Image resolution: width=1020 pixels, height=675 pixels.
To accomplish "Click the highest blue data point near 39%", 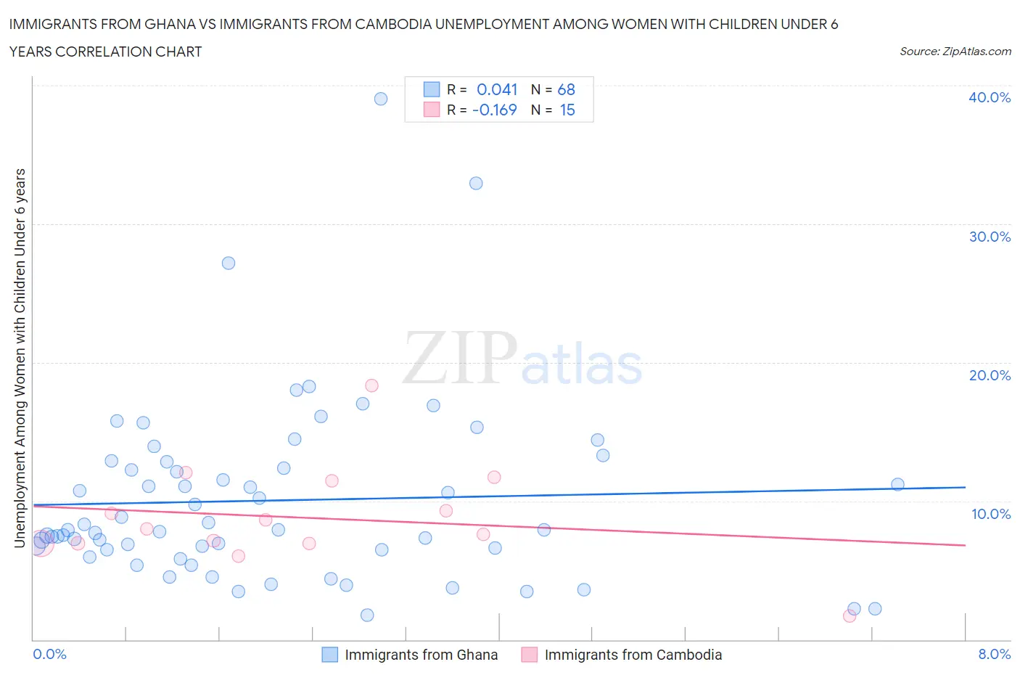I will [x=381, y=99].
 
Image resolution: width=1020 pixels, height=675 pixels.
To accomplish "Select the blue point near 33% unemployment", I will [x=476, y=183].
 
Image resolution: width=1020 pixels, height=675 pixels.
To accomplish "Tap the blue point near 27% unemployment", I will [x=229, y=263].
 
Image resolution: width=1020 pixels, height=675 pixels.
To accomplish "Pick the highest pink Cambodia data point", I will [x=371, y=385].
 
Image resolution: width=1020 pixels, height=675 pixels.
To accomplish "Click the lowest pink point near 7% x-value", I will [x=850, y=616].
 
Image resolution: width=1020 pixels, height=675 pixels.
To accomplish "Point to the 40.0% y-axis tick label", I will [x=990, y=97].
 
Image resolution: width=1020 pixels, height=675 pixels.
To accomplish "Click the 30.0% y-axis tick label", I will [x=990, y=237].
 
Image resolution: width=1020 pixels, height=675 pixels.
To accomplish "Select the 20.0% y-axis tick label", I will [x=990, y=375].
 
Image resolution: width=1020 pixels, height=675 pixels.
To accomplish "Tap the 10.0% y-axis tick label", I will [x=990, y=514].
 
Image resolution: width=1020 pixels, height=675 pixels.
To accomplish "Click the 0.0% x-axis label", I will [x=50, y=654].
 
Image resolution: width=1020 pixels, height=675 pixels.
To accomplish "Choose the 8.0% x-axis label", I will [x=994, y=654].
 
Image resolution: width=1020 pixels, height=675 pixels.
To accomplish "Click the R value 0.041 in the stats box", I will [x=497, y=89].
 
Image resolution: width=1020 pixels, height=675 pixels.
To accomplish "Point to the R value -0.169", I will [x=495, y=110].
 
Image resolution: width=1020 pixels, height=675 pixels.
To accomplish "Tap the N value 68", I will [x=567, y=89].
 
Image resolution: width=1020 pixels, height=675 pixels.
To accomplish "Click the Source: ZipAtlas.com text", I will [x=955, y=51].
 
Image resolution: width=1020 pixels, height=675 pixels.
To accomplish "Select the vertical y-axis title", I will [x=20, y=358].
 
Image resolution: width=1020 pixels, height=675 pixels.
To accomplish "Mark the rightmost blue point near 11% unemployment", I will [x=897, y=484].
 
